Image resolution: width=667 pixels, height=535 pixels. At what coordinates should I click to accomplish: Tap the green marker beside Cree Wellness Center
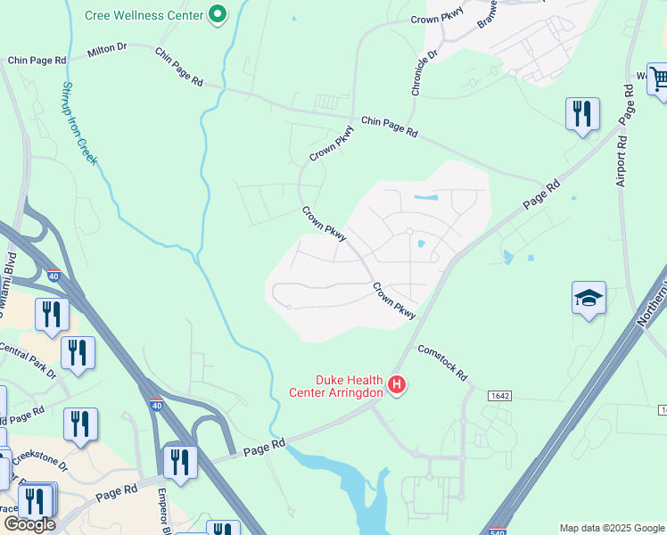point(217,14)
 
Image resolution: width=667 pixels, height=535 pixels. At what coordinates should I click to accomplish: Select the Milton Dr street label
point(108,51)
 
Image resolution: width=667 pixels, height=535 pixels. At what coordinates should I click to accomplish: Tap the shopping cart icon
point(657,78)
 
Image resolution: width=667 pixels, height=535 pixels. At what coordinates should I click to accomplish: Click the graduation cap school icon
point(589,297)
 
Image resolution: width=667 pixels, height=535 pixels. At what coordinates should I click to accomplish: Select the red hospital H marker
point(398,385)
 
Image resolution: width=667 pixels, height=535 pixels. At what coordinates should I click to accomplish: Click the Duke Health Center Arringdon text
point(337,385)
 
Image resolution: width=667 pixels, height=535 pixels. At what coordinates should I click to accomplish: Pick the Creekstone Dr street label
point(35,462)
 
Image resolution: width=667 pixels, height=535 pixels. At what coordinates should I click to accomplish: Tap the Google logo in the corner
point(29,524)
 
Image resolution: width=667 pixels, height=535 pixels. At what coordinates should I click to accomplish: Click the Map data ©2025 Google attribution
point(612,528)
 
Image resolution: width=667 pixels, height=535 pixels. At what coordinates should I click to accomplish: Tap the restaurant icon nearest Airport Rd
point(582,114)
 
